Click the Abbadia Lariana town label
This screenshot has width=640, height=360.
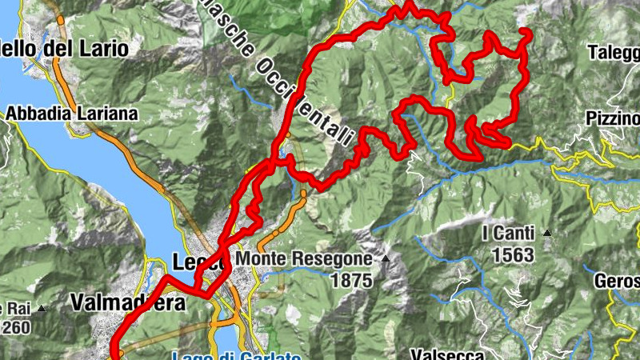[72, 114]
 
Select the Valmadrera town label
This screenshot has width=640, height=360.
[127, 303]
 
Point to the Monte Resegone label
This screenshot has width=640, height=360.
[304, 259]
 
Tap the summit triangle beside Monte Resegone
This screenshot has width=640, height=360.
[386, 259]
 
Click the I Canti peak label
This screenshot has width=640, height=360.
[509, 234]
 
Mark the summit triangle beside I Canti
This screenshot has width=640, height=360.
[547, 234]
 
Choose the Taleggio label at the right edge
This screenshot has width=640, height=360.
[614, 53]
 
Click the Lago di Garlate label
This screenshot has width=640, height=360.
[237, 355]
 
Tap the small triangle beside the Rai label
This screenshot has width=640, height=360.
[41, 308]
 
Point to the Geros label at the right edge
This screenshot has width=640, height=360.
[617, 282]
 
